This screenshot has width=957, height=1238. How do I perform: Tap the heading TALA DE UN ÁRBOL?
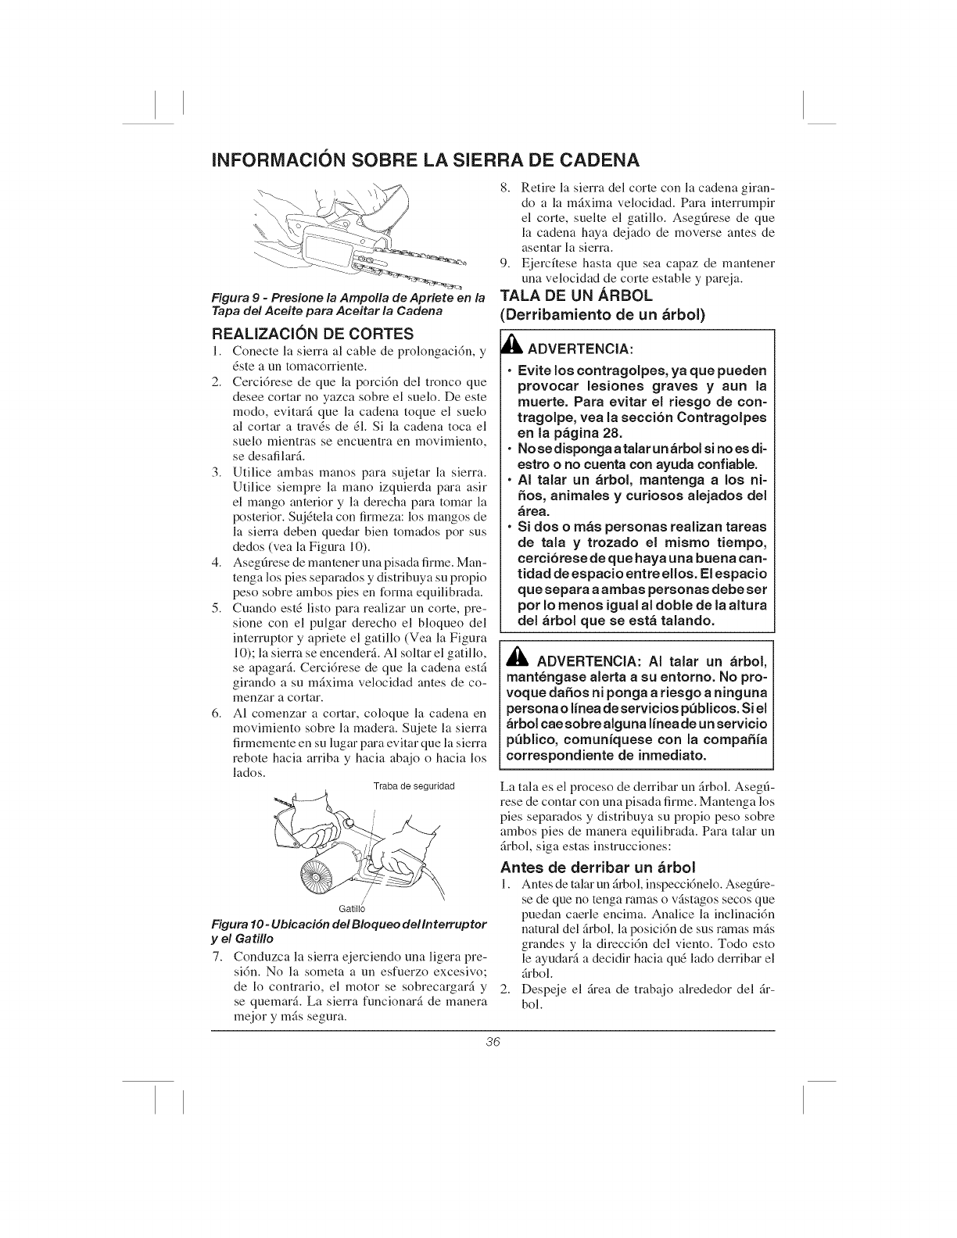tap(578, 297)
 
